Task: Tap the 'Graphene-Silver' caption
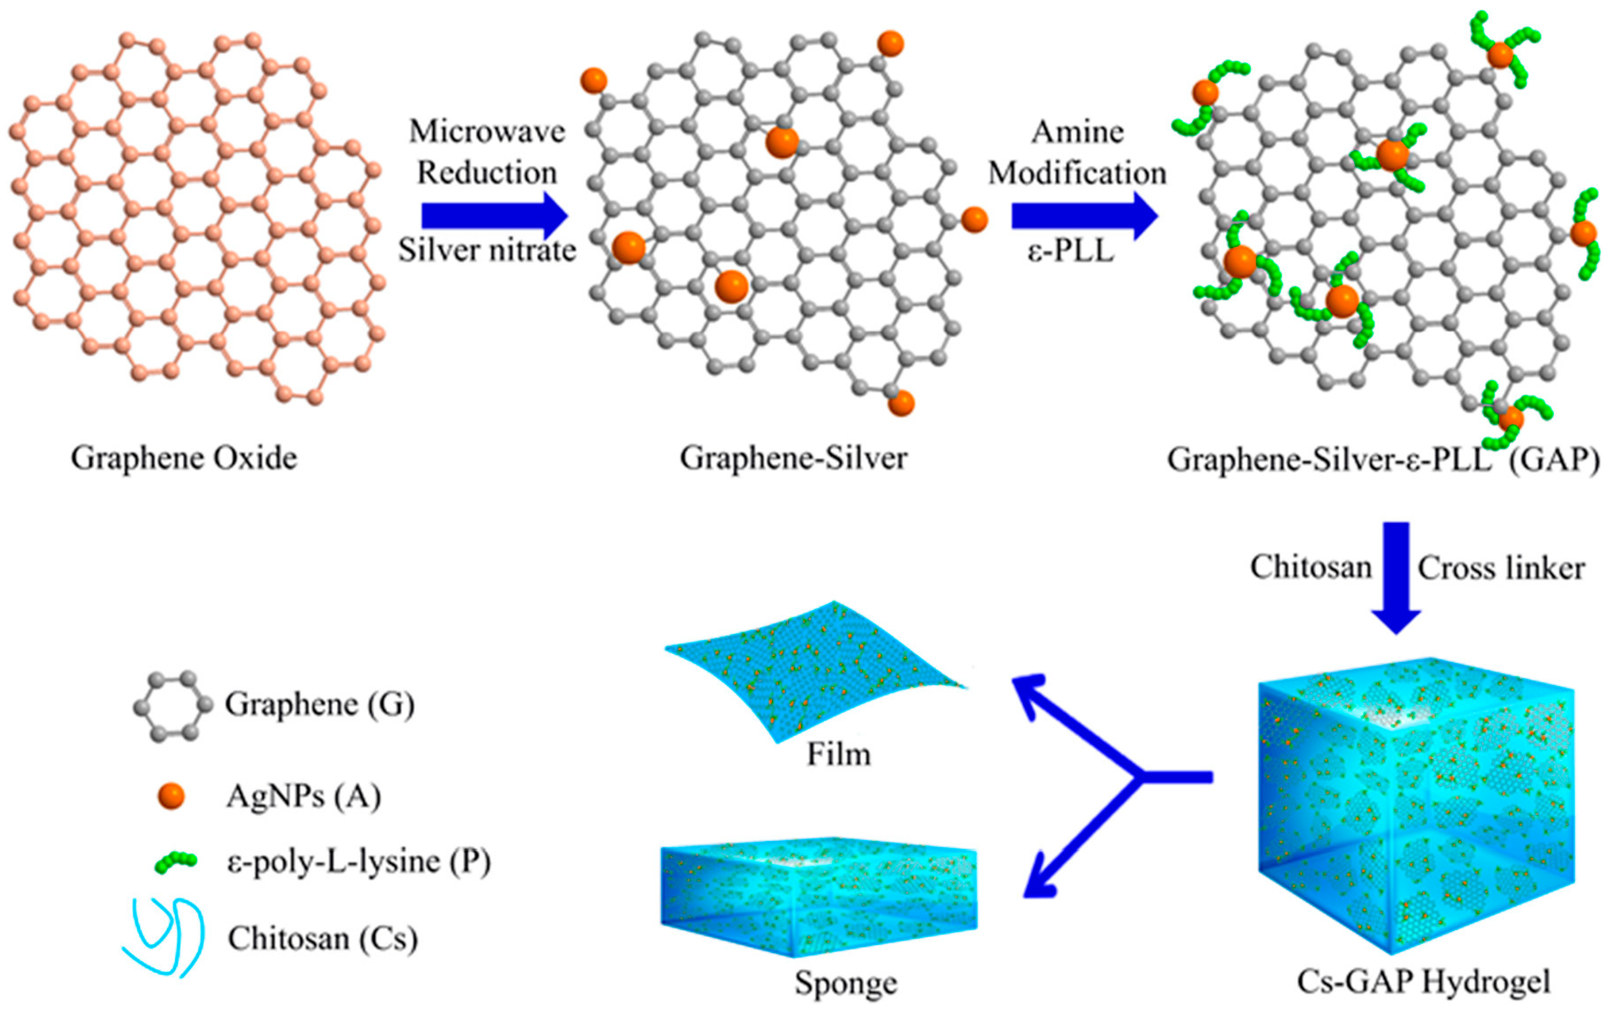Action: (793, 459)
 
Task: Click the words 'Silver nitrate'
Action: (487, 251)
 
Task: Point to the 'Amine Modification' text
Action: (1077, 152)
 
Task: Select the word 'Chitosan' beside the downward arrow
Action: (1311, 568)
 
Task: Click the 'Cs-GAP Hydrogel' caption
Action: (1423, 982)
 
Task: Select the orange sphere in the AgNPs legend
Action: (171, 796)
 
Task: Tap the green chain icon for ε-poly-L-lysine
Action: (175, 863)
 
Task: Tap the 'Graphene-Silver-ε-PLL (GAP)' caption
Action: (1383, 460)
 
